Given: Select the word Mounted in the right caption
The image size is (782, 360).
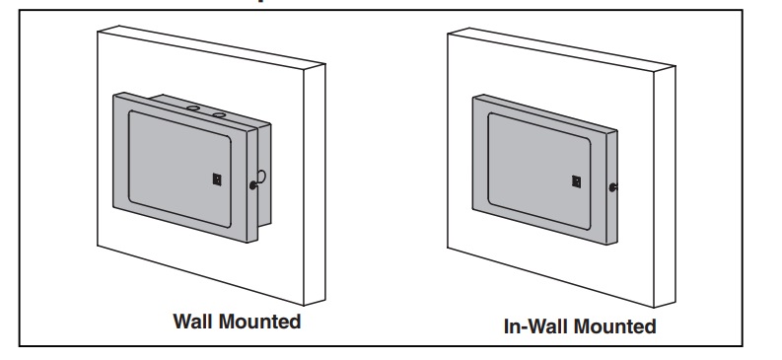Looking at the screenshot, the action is (x=616, y=326).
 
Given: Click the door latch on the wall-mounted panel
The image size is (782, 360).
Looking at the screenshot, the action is (x=217, y=180).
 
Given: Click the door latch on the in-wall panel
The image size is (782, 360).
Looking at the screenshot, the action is (x=577, y=181).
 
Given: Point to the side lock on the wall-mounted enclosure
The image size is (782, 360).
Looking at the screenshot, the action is (x=252, y=185).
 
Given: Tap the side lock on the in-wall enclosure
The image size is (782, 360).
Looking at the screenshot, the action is (x=612, y=187).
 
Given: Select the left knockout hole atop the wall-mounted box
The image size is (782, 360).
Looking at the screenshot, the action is (x=193, y=108).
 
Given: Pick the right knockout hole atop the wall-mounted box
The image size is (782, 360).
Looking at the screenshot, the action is (x=219, y=115).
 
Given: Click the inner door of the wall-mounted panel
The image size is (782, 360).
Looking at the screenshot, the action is (x=180, y=169).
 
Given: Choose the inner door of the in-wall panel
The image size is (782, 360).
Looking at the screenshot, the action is (x=539, y=171).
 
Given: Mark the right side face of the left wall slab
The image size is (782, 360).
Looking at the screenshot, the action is (x=315, y=184).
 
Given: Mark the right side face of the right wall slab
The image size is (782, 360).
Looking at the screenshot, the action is (x=665, y=186).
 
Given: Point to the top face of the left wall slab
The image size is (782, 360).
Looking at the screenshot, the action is (x=211, y=47).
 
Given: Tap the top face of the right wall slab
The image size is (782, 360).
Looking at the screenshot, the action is (x=561, y=49).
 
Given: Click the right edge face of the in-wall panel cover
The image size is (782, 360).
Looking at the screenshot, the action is (x=612, y=187).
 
